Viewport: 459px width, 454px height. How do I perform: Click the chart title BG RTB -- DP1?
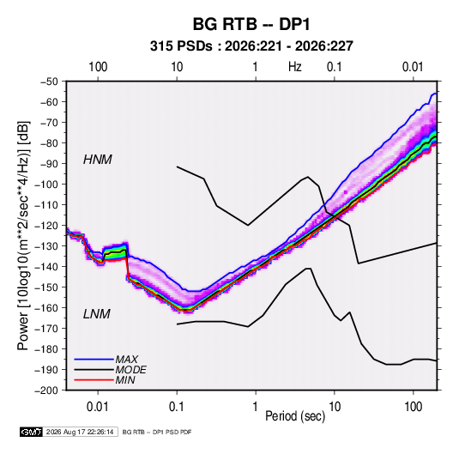point(251,24)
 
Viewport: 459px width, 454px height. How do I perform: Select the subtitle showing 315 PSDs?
point(251,46)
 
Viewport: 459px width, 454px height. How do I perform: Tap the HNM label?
point(98,160)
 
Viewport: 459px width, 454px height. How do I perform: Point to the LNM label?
point(97,314)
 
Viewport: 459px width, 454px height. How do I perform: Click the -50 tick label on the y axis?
point(49,82)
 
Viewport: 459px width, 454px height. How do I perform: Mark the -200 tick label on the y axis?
point(46,390)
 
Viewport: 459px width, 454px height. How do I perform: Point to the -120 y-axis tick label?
point(46,226)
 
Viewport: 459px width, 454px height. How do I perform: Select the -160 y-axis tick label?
point(46,308)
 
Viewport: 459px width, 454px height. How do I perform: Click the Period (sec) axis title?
point(295,416)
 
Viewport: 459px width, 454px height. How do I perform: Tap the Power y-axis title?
point(23,235)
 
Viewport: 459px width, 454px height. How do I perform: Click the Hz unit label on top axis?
point(295,67)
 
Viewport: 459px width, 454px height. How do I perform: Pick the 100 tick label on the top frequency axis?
point(98,67)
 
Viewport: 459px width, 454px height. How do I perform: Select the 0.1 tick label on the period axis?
point(177,407)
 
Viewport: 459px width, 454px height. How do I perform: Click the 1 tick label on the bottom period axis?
point(256,407)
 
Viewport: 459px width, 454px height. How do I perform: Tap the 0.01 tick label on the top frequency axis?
point(413,67)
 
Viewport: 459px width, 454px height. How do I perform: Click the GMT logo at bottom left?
point(32,432)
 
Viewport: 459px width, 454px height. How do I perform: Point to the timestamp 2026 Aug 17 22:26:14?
point(80,432)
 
